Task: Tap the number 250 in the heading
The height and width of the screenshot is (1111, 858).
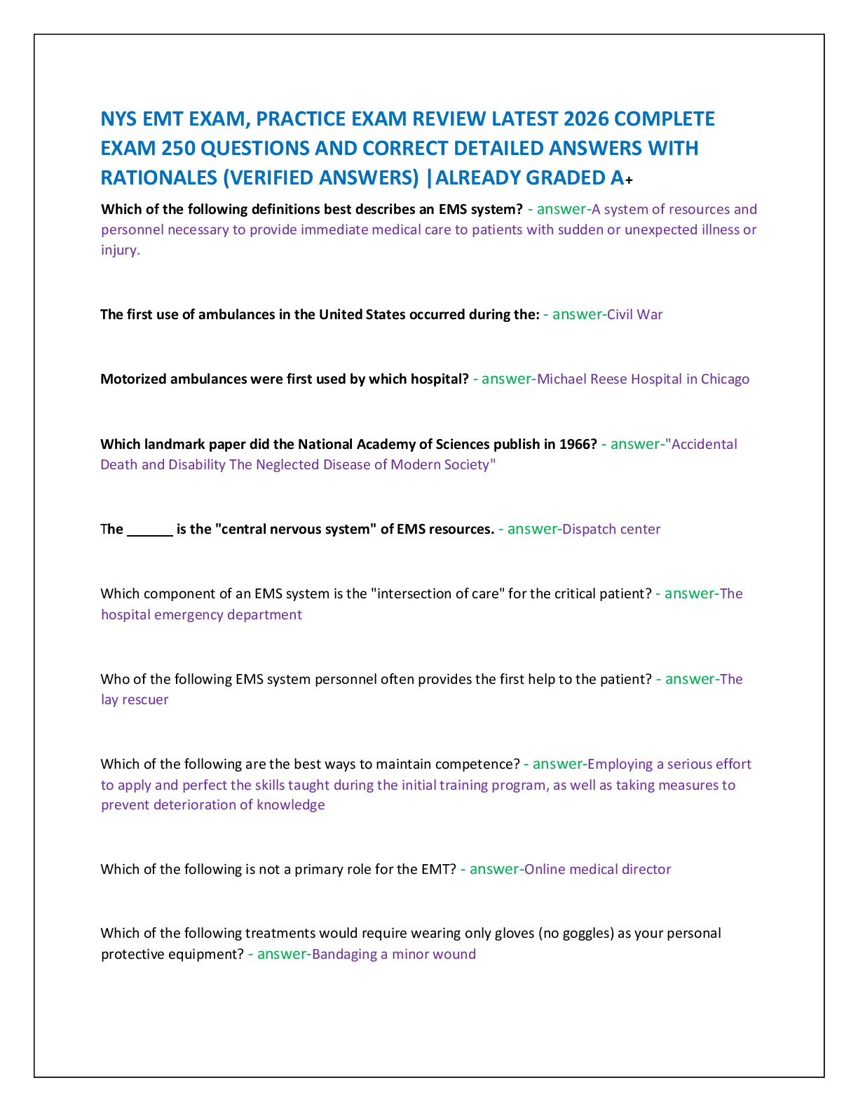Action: coord(178,148)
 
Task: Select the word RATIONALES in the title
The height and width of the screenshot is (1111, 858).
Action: coord(159,178)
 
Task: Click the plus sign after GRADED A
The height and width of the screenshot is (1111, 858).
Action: coord(629,180)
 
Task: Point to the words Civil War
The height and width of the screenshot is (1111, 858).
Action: coord(634,314)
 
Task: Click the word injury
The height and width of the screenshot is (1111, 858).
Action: coord(120,250)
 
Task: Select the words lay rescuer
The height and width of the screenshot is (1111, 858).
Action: coord(135,699)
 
